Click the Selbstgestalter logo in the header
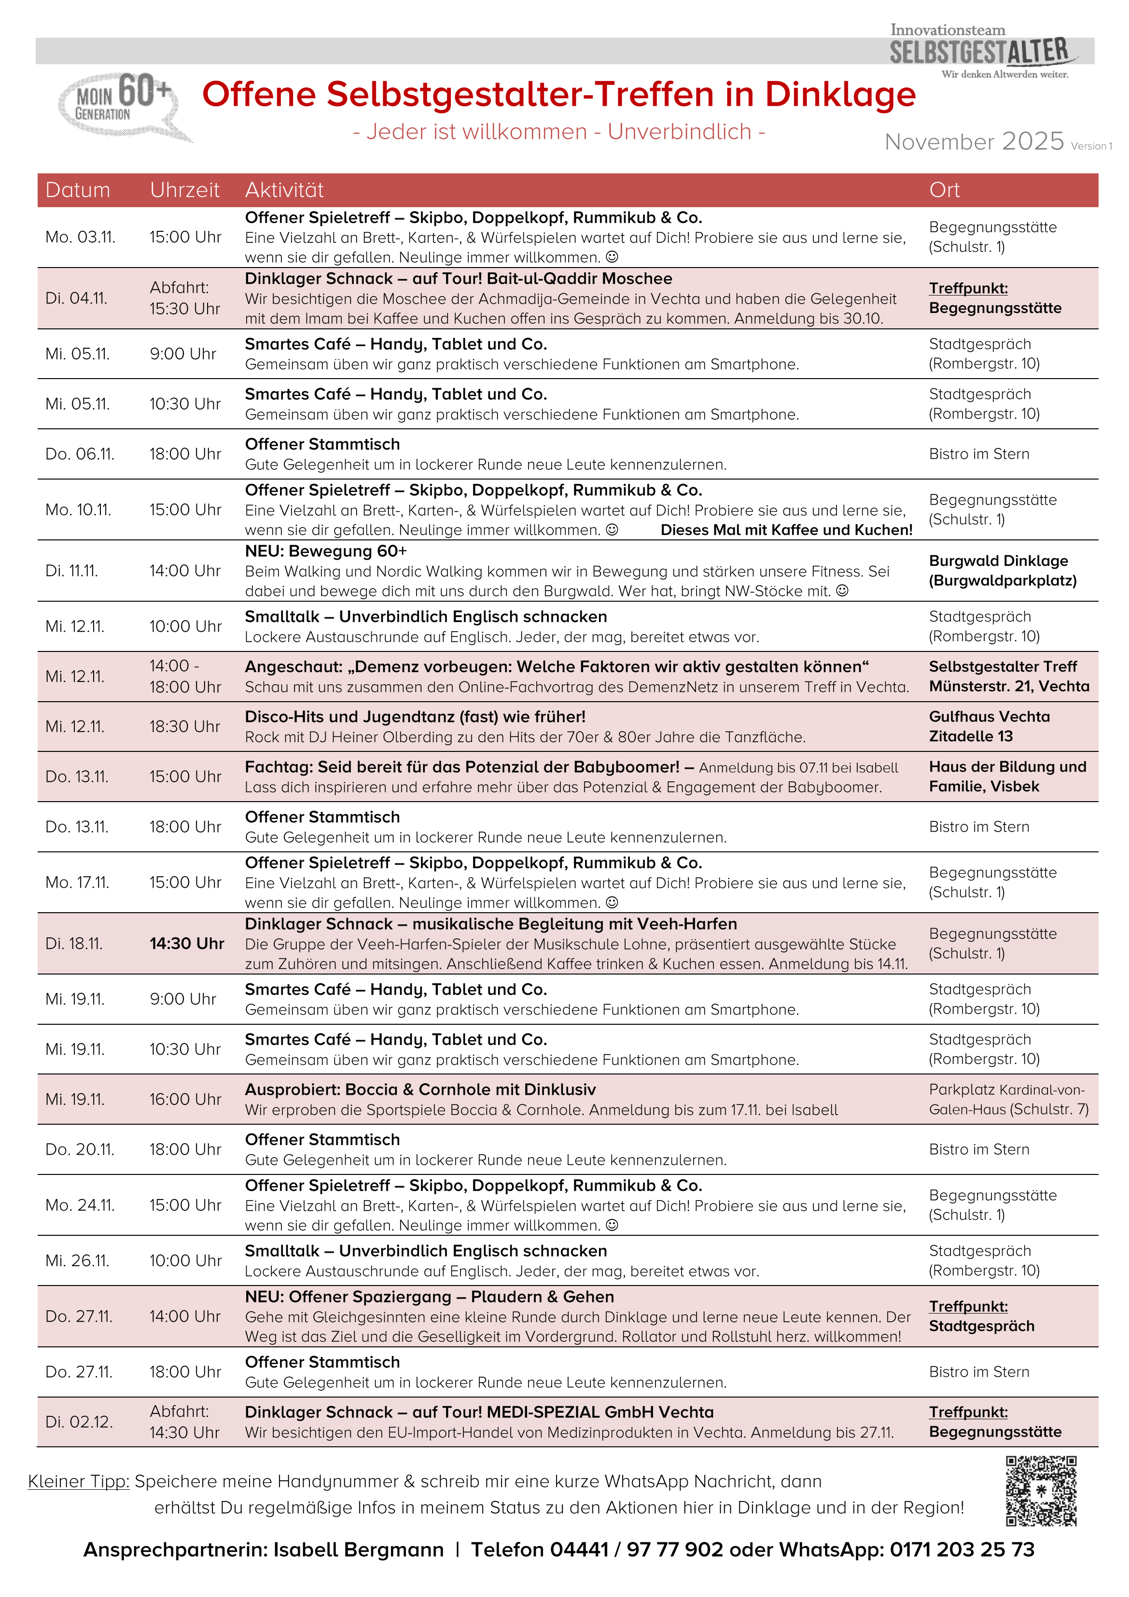coord(981,52)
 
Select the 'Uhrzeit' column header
coord(184,190)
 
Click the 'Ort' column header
coord(944,190)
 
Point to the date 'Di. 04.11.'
coord(76,298)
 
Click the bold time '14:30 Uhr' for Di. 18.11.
coord(186,944)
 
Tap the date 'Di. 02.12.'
coord(79,1422)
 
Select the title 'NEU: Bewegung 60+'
coord(325,551)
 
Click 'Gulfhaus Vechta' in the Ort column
coord(989,717)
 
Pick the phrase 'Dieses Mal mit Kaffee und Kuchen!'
coord(786,530)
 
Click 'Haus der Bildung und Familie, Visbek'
coord(1007,776)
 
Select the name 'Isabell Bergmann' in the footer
coord(358,1550)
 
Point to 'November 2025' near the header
coord(973,142)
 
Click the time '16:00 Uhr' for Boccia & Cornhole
coord(185,1100)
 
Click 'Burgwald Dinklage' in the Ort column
coord(998,561)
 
